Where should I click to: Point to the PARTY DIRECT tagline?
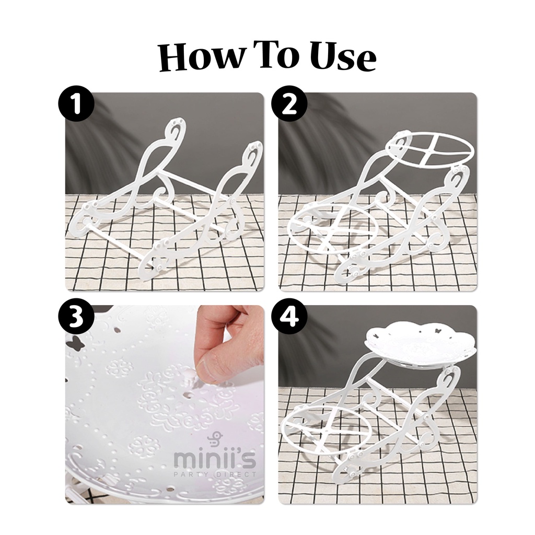[x=215, y=474]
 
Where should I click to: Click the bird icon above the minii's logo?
[x=213, y=438]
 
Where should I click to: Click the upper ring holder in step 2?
[x=431, y=148]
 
